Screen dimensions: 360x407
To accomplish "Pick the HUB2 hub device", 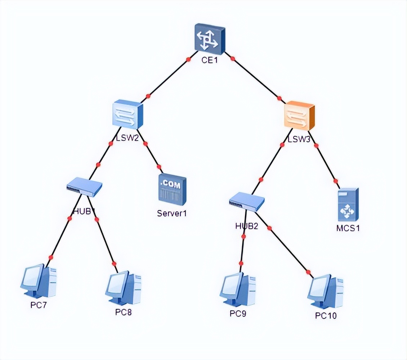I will pyautogui.click(x=247, y=203).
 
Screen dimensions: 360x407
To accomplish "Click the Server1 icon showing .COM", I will pyautogui.click(x=173, y=189).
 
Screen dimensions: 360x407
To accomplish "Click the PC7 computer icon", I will pyautogui.click(x=39, y=282).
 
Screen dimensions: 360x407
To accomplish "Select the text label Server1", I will pyautogui.click(x=172, y=213).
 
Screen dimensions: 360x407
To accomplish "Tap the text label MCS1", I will pyautogui.click(x=348, y=228).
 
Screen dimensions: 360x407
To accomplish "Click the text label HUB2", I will pyautogui.click(x=246, y=226).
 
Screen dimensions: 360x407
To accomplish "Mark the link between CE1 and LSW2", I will pyautogui.click(x=168, y=78).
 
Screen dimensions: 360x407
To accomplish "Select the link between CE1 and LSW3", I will pyautogui.click(x=256, y=78).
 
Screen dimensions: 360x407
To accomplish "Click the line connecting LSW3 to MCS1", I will pyautogui.click(x=326, y=163).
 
